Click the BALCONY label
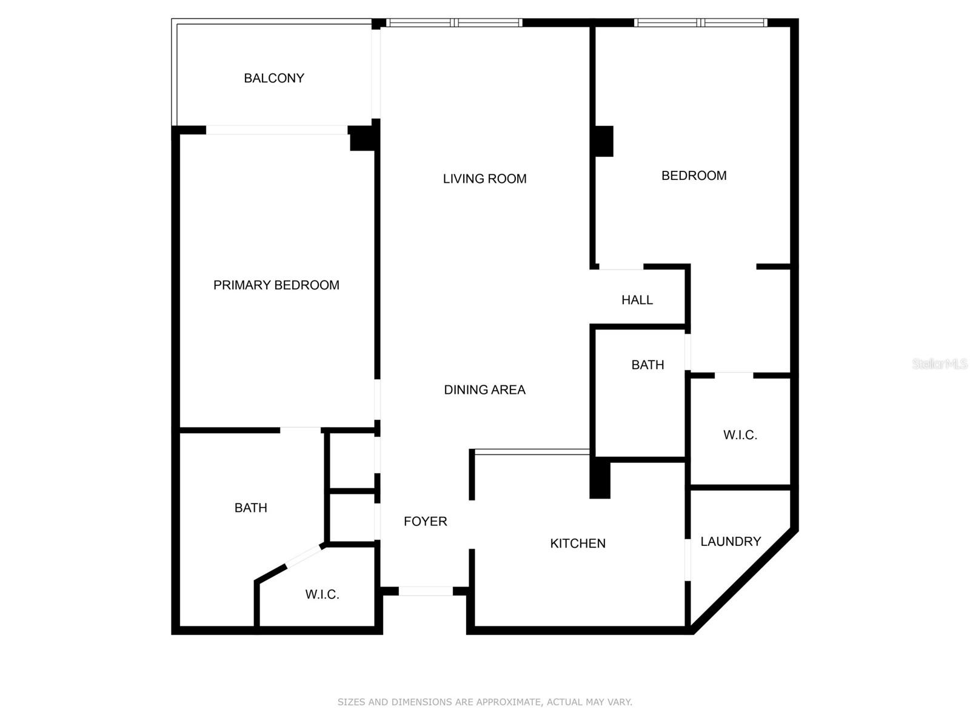pyautogui.click(x=274, y=78)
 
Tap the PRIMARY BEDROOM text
pyautogui.click(x=276, y=285)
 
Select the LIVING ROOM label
pyautogui.click(x=485, y=179)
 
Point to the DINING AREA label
pyautogui.click(x=485, y=390)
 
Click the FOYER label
pyautogui.click(x=425, y=521)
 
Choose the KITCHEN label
pyautogui.click(x=578, y=543)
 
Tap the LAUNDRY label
pyautogui.click(x=731, y=542)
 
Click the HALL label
pyautogui.click(x=637, y=300)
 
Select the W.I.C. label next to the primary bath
pyautogui.click(x=322, y=594)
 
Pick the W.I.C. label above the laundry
pyautogui.click(x=740, y=435)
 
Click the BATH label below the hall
pyautogui.click(x=647, y=365)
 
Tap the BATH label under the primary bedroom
pyautogui.click(x=250, y=508)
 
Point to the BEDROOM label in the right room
pyautogui.click(x=694, y=176)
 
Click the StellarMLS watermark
pyautogui.click(x=940, y=363)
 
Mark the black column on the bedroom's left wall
pyautogui.click(x=604, y=141)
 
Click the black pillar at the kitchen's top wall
pyautogui.click(x=600, y=478)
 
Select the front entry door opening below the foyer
pyautogui.click(x=426, y=591)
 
